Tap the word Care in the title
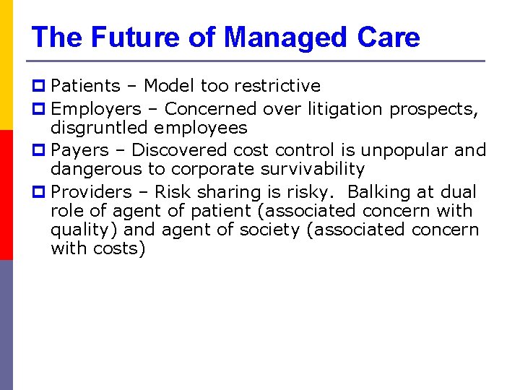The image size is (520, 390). click(x=389, y=37)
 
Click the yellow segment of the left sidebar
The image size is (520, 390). click(x=6, y=65)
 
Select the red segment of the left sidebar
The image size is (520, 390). click(x=6, y=195)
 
